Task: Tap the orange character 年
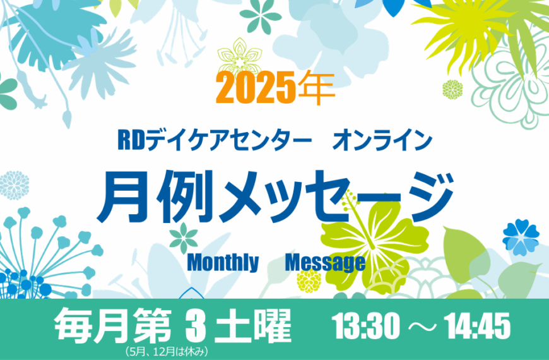point(317,88)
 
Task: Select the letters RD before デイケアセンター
point(131,140)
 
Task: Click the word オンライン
point(382,140)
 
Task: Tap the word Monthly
point(223,263)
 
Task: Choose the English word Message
point(325,263)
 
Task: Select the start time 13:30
point(367,326)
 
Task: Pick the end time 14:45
point(477,326)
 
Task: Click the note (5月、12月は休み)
point(167,351)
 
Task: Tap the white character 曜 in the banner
point(273,326)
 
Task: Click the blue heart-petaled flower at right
point(521,237)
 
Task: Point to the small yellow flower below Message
point(309,280)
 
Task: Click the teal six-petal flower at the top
point(261,16)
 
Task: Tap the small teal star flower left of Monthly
point(184,238)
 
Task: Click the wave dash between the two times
point(423,327)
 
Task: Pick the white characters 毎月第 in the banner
point(113,326)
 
